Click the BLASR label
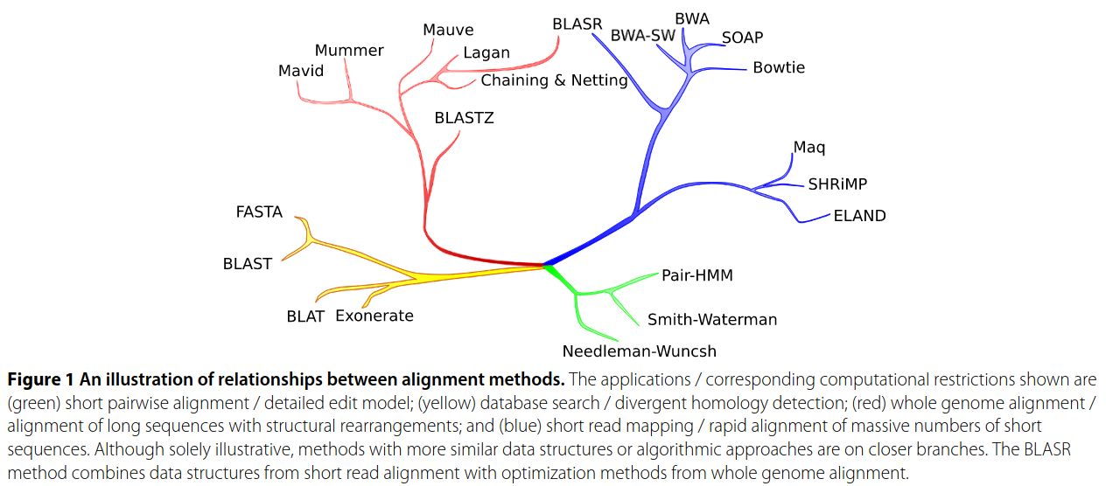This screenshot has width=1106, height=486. [577, 24]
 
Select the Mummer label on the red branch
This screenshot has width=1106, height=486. [349, 51]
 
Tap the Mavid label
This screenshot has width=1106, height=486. [301, 71]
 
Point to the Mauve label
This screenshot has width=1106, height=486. [448, 31]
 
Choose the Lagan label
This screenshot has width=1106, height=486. [486, 52]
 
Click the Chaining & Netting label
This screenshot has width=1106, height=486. [555, 80]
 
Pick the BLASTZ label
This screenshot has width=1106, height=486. [464, 118]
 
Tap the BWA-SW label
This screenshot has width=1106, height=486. [643, 36]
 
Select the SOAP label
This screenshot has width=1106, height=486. [742, 38]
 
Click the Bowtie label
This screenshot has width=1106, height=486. [779, 67]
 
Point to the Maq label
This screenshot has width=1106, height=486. [809, 147]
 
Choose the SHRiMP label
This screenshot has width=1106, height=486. [837, 184]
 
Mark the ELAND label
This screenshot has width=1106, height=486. [859, 216]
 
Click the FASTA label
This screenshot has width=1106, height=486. [259, 212]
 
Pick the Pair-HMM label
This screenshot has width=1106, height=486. [697, 275]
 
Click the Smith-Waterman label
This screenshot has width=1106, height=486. [712, 319]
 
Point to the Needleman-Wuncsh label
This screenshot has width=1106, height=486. [640, 351]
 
